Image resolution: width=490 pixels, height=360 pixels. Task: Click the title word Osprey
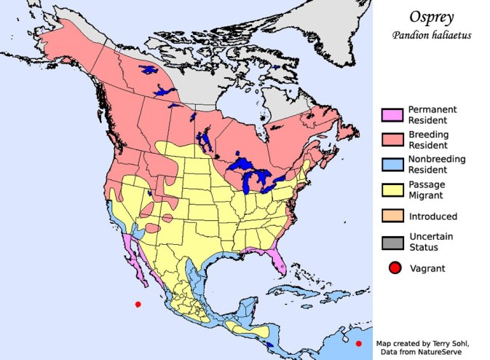(x=433, y=17)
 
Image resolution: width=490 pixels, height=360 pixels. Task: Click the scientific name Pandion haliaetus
(x=433, y=35)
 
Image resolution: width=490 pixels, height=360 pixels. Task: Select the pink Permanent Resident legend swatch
(x=392, y=114)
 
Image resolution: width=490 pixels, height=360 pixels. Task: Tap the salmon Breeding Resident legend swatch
(x=392, y=139)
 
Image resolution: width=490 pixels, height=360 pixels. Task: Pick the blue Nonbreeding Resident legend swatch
(x=392, y=164)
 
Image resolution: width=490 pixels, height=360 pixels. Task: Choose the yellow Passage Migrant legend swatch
(x=392, y=189)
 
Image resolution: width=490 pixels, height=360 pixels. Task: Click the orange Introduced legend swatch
(x=392, y=216)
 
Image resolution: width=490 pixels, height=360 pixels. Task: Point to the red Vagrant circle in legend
(x=394, y=268)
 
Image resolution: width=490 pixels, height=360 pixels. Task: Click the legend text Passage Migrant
(x=427, y=189)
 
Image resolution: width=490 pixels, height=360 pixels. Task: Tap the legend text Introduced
(x=433, y=216)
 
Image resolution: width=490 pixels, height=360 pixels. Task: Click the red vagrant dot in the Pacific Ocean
(x=138, y=305)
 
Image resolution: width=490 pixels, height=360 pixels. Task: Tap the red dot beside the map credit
(x=359, y=343)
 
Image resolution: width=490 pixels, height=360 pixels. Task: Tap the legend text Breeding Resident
(x=428, y=139)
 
